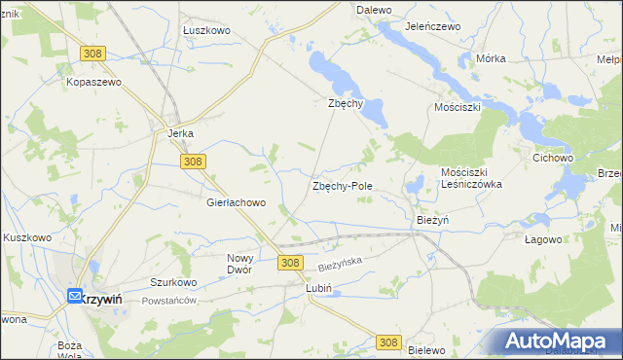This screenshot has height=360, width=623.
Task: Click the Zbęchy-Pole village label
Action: click(342, 185)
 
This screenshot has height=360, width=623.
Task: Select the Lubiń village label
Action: click(319, 289)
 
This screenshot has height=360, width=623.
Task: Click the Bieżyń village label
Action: click(432, 221)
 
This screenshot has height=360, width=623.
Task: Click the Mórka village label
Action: click(491, 58)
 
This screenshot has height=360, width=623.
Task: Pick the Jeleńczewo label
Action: click(432, 27)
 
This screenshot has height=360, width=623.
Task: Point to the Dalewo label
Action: click(374, 9)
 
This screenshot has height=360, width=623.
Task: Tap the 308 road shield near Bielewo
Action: click(388, 342)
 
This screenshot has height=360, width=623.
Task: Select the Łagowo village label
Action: click(543, 239)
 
